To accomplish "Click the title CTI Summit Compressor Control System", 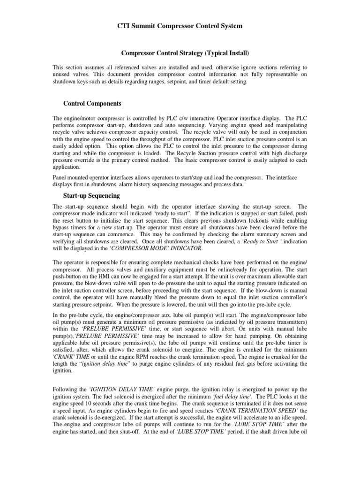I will pyautogui.click(x=180, y=26).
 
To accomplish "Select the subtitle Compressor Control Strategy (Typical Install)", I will pyautogui.click(x=180, y=54).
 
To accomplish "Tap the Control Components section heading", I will pyautogui.click(x=92, y=103).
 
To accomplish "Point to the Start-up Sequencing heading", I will pyautogui.click(x=91, y=195).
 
